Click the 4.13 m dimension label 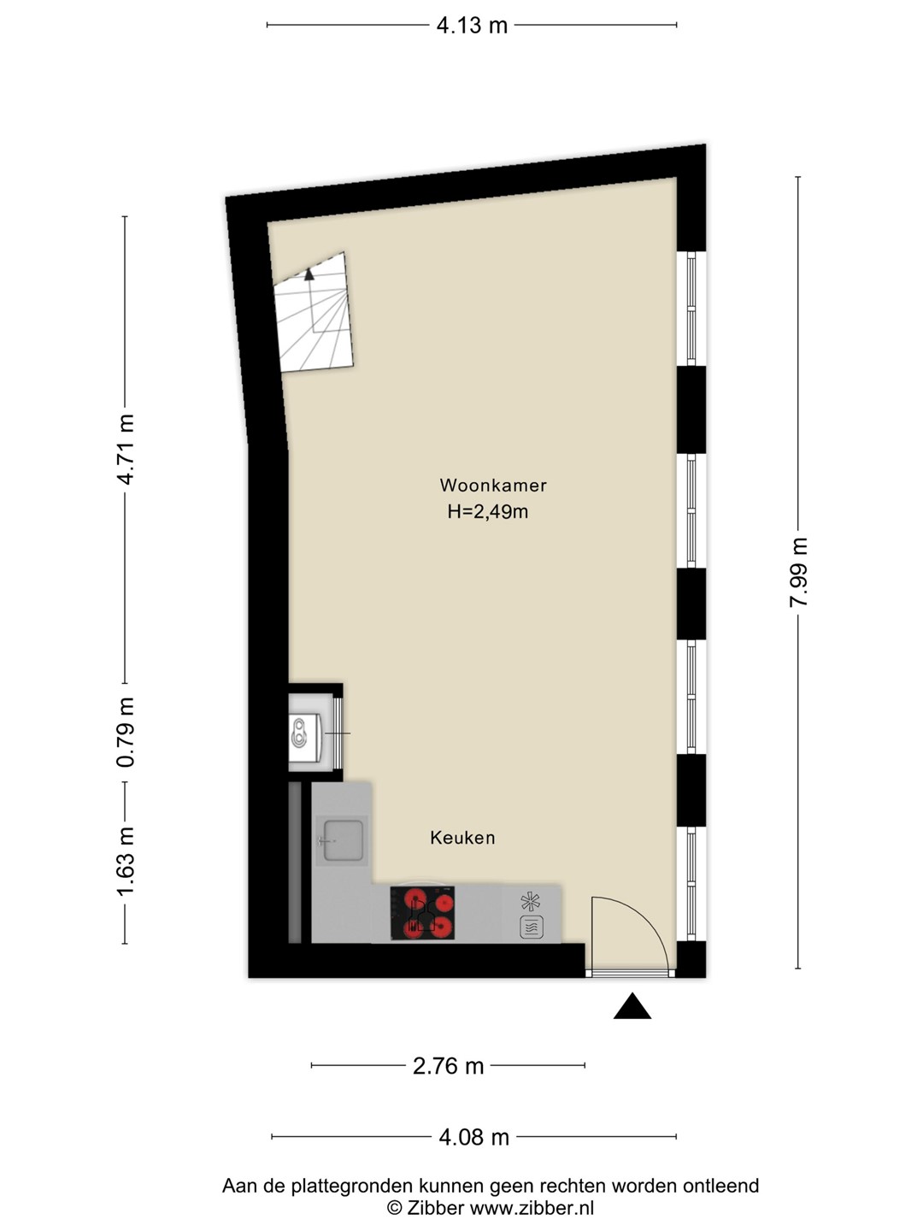pyautogui.click(x=472, y=26)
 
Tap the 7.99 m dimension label pyautogui.click(x=798, y=572)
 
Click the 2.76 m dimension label pyautogui.click(x=448, y=1065)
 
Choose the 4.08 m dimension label pyautogui.click(x=473, y=1137)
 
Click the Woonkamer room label pyautogui.click(x=493, y=485)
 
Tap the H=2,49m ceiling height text pyautogui.click(x=487, y=511)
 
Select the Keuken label pyautogui.click(x=462, y=838)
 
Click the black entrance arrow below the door pyautogui.click(x=632, y=1005)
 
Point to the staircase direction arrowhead pyautogui.click(x=309, y=273)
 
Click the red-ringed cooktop pyautogui.click(x=422, y=912)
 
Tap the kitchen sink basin pyautogui.click(x=343, y=840)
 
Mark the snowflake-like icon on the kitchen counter pyautogui.click(x=531, y=902)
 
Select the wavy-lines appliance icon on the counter pyautogui.click(x=532, y=927)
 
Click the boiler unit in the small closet pyautogui.click(x=304, y=738)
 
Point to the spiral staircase pyautogui.click(x=314, y=312)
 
